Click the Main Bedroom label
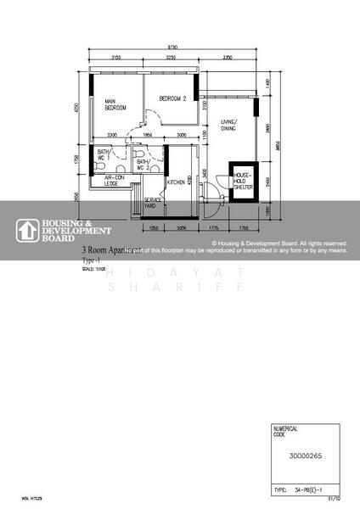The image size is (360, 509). (x=115, y=106)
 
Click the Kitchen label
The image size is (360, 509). (x=177, y=182)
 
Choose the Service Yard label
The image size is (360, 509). (x=149, y=203)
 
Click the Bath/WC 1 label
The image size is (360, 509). (x=104, y=155)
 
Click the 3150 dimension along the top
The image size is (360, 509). (x=116, y=58)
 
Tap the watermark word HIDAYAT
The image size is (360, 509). (x=180, y=272)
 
